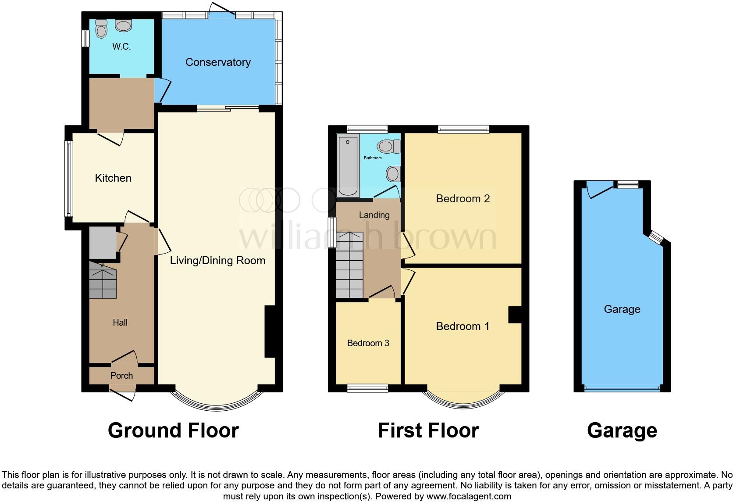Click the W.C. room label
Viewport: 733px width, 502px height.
[121, 47]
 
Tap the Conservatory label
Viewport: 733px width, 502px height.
[218, 62]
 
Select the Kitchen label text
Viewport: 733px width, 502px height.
[113, 178]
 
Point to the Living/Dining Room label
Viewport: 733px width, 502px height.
[217, 261]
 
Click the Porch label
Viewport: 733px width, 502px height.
[121, 376]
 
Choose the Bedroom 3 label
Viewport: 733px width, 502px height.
[368, 343]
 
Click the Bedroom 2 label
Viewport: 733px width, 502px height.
[463, 199]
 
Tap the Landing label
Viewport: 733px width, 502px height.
[374, 215]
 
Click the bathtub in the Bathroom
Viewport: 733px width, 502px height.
[348, 166]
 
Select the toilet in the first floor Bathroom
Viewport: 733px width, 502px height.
[388, 146]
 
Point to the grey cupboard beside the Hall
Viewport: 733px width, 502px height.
[103, 243]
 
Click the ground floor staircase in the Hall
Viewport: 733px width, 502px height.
[103, 281]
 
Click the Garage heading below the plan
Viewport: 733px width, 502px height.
[622, 430]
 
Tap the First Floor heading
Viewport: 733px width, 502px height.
[428, 430]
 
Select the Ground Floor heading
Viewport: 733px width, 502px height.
[173, 430]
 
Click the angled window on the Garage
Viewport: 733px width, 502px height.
[656, 237]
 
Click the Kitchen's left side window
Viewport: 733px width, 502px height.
[68, 178]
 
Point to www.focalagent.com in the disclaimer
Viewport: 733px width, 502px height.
[468, 497]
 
